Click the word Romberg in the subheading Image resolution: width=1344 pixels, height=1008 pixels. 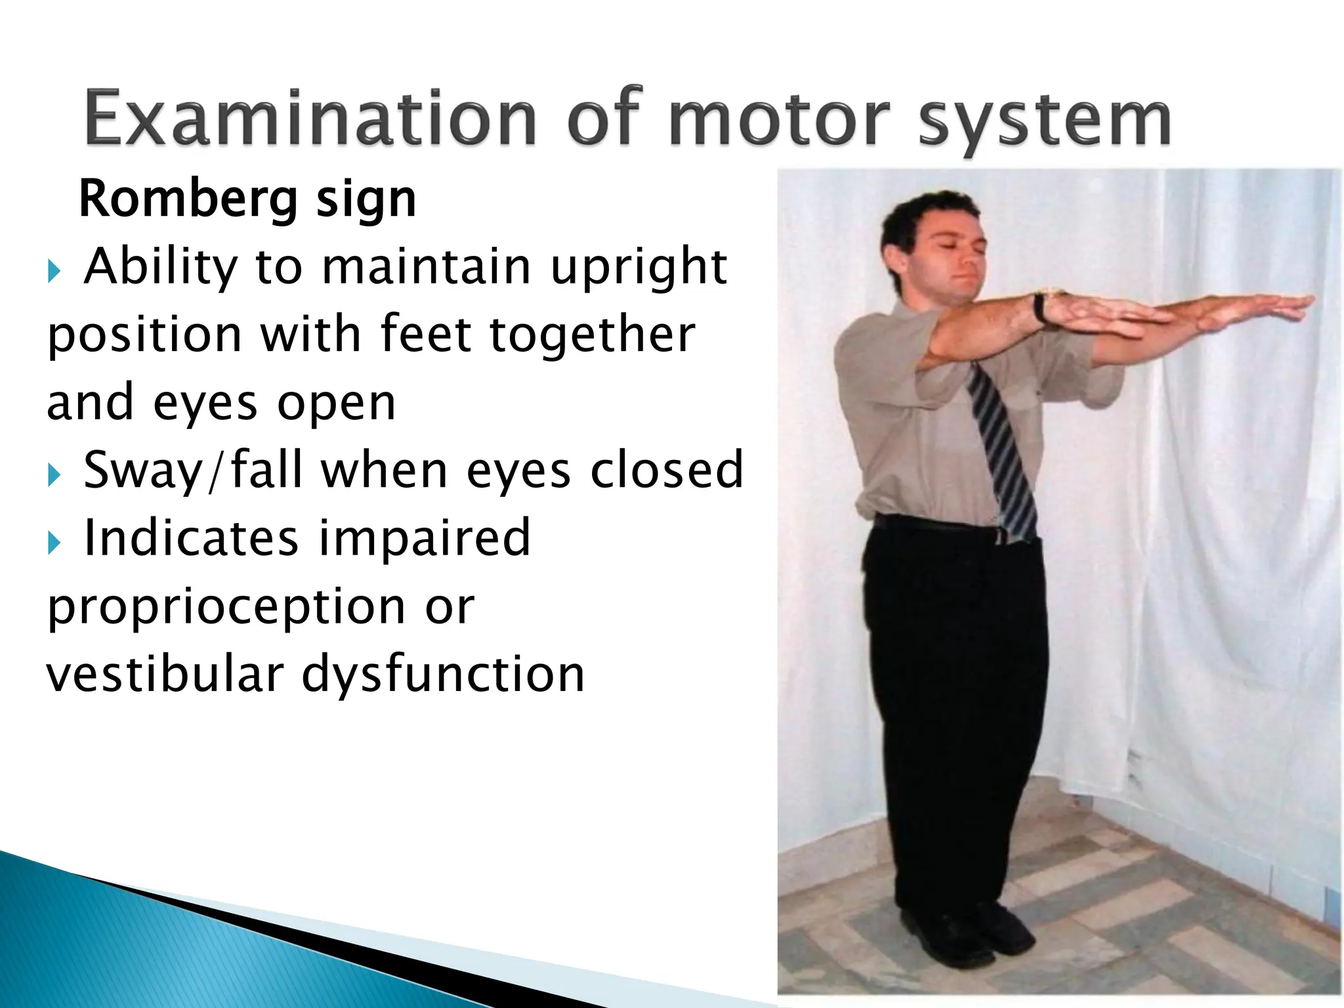click(188, 199)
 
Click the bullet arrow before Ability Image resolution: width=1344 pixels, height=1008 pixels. click(54, 270)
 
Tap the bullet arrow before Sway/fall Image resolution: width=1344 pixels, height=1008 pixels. click(54, 474)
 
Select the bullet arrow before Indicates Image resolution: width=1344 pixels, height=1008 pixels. click(54, 543)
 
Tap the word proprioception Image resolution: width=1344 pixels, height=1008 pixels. click(225, 608)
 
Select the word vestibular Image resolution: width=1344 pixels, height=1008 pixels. click(164, 675)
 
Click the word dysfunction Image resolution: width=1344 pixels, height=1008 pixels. click(442, 675)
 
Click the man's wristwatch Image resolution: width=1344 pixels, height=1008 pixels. click(1040, 307)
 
